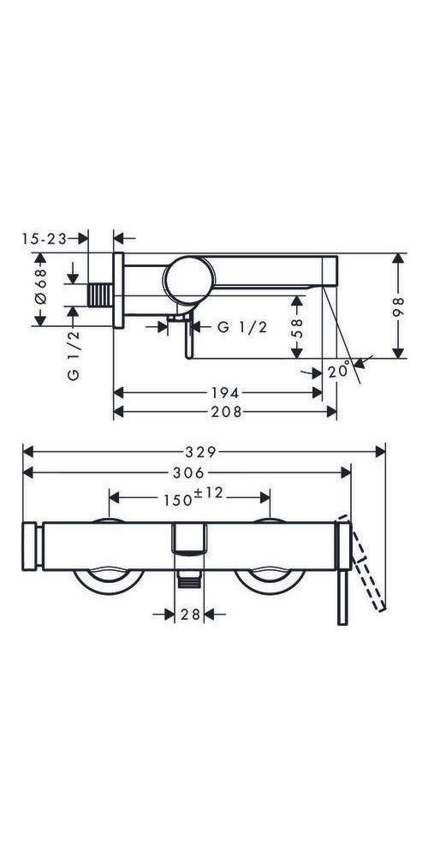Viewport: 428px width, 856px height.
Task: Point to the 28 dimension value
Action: (189, 615)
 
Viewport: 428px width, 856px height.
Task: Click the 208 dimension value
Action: (226, 411)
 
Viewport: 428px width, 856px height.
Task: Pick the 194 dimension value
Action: (224, 393)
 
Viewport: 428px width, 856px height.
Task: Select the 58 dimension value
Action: (298, 328)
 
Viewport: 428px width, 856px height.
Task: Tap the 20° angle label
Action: (339, 371)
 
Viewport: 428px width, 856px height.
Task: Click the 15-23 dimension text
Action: (45, 238)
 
